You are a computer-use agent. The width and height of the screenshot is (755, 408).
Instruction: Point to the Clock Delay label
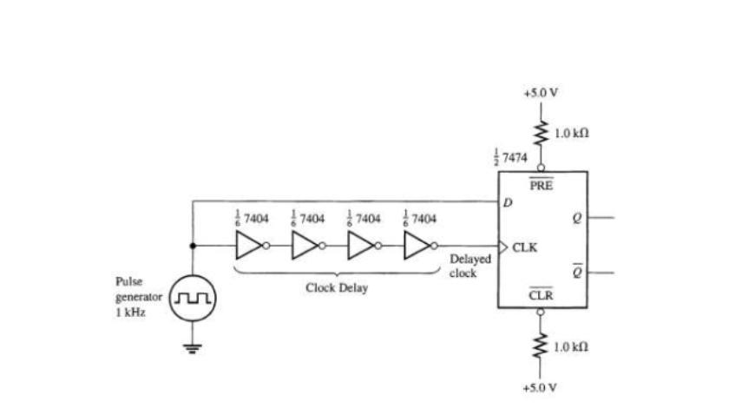336,287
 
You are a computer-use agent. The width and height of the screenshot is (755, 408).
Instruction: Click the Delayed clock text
470,266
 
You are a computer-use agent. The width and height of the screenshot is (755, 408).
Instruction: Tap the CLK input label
525,247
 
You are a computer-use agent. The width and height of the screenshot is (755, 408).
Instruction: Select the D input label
508,203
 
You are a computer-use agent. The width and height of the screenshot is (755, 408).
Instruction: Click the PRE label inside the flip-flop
541,184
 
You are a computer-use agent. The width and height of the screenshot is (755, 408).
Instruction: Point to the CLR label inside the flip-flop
541,296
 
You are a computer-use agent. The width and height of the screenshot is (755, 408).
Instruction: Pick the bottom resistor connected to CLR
541,345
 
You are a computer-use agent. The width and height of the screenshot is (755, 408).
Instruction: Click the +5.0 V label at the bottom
541,387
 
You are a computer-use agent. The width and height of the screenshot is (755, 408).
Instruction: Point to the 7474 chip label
506,155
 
